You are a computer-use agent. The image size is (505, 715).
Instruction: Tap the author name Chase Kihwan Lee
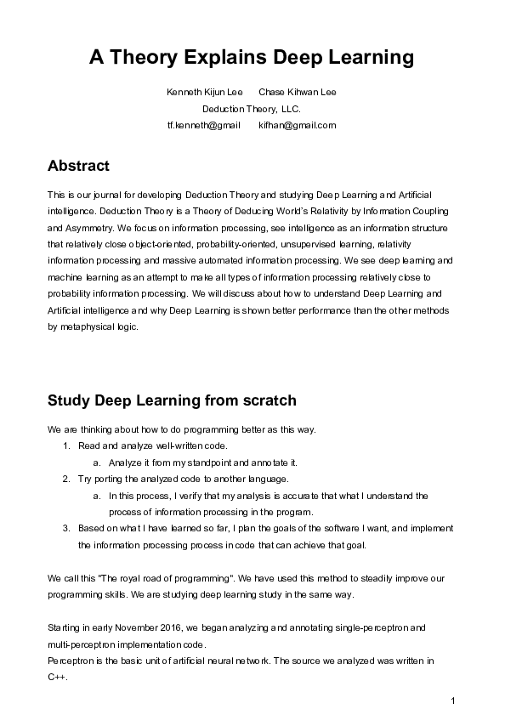(297, 92)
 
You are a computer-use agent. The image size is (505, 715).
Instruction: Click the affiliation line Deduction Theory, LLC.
(252, 109)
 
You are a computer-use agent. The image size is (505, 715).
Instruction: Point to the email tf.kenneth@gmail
(204, 125)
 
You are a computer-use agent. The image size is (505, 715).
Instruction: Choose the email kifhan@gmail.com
(297, 125)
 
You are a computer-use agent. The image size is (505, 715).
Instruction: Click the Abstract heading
(79, 165)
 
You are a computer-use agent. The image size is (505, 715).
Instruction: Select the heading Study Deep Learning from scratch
(172, 400)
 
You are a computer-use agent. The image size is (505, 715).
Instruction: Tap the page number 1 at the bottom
(453, 700)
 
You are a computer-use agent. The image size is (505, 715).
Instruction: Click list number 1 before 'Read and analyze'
(66, 445)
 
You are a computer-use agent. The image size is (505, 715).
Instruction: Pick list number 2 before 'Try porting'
(66, 479)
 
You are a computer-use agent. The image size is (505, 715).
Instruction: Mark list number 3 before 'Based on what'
(66, 528)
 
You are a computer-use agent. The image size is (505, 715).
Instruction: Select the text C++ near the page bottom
(56, 677)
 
